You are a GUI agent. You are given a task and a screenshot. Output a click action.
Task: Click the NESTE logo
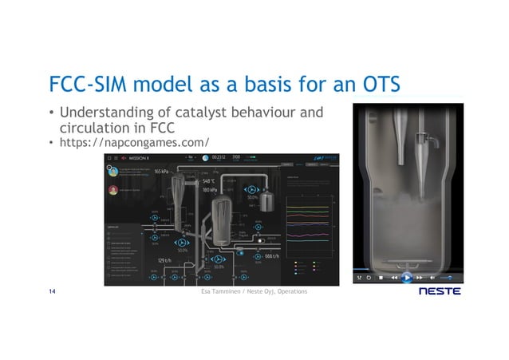[x=439, y=291]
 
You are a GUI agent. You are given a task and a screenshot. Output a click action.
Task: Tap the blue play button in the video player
[x=406, y=278]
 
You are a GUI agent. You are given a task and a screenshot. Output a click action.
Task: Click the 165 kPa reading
[x=161, y=172]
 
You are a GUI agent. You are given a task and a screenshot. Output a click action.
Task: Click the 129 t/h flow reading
[x=165, y=260]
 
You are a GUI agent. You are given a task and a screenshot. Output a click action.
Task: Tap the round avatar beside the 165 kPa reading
[x=113, y=171]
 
